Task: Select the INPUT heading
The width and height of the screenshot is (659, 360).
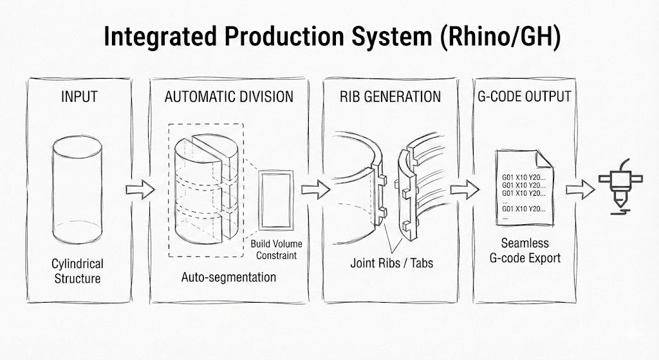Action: click(79, 97)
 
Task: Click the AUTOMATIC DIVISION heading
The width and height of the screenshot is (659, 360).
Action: click(228, 97)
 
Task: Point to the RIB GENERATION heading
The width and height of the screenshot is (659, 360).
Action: click(390, 97)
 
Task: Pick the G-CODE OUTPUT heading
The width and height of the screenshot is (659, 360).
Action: click(523, 97)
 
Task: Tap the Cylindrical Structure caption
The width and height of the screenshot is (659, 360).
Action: click(77, 271)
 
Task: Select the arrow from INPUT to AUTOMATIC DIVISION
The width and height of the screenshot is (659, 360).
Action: click(140, 189)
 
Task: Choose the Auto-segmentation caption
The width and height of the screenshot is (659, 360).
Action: click(228, 278)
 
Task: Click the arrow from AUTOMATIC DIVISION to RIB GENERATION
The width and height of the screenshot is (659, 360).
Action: click(315, 189)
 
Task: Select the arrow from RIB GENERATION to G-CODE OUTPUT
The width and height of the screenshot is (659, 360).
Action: click(465, 189)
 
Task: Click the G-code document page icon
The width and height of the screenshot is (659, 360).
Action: click(522, 187)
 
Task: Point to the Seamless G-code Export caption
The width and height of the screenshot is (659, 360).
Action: click(525, 251)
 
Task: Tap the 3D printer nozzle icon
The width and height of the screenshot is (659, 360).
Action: click(618, 187)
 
